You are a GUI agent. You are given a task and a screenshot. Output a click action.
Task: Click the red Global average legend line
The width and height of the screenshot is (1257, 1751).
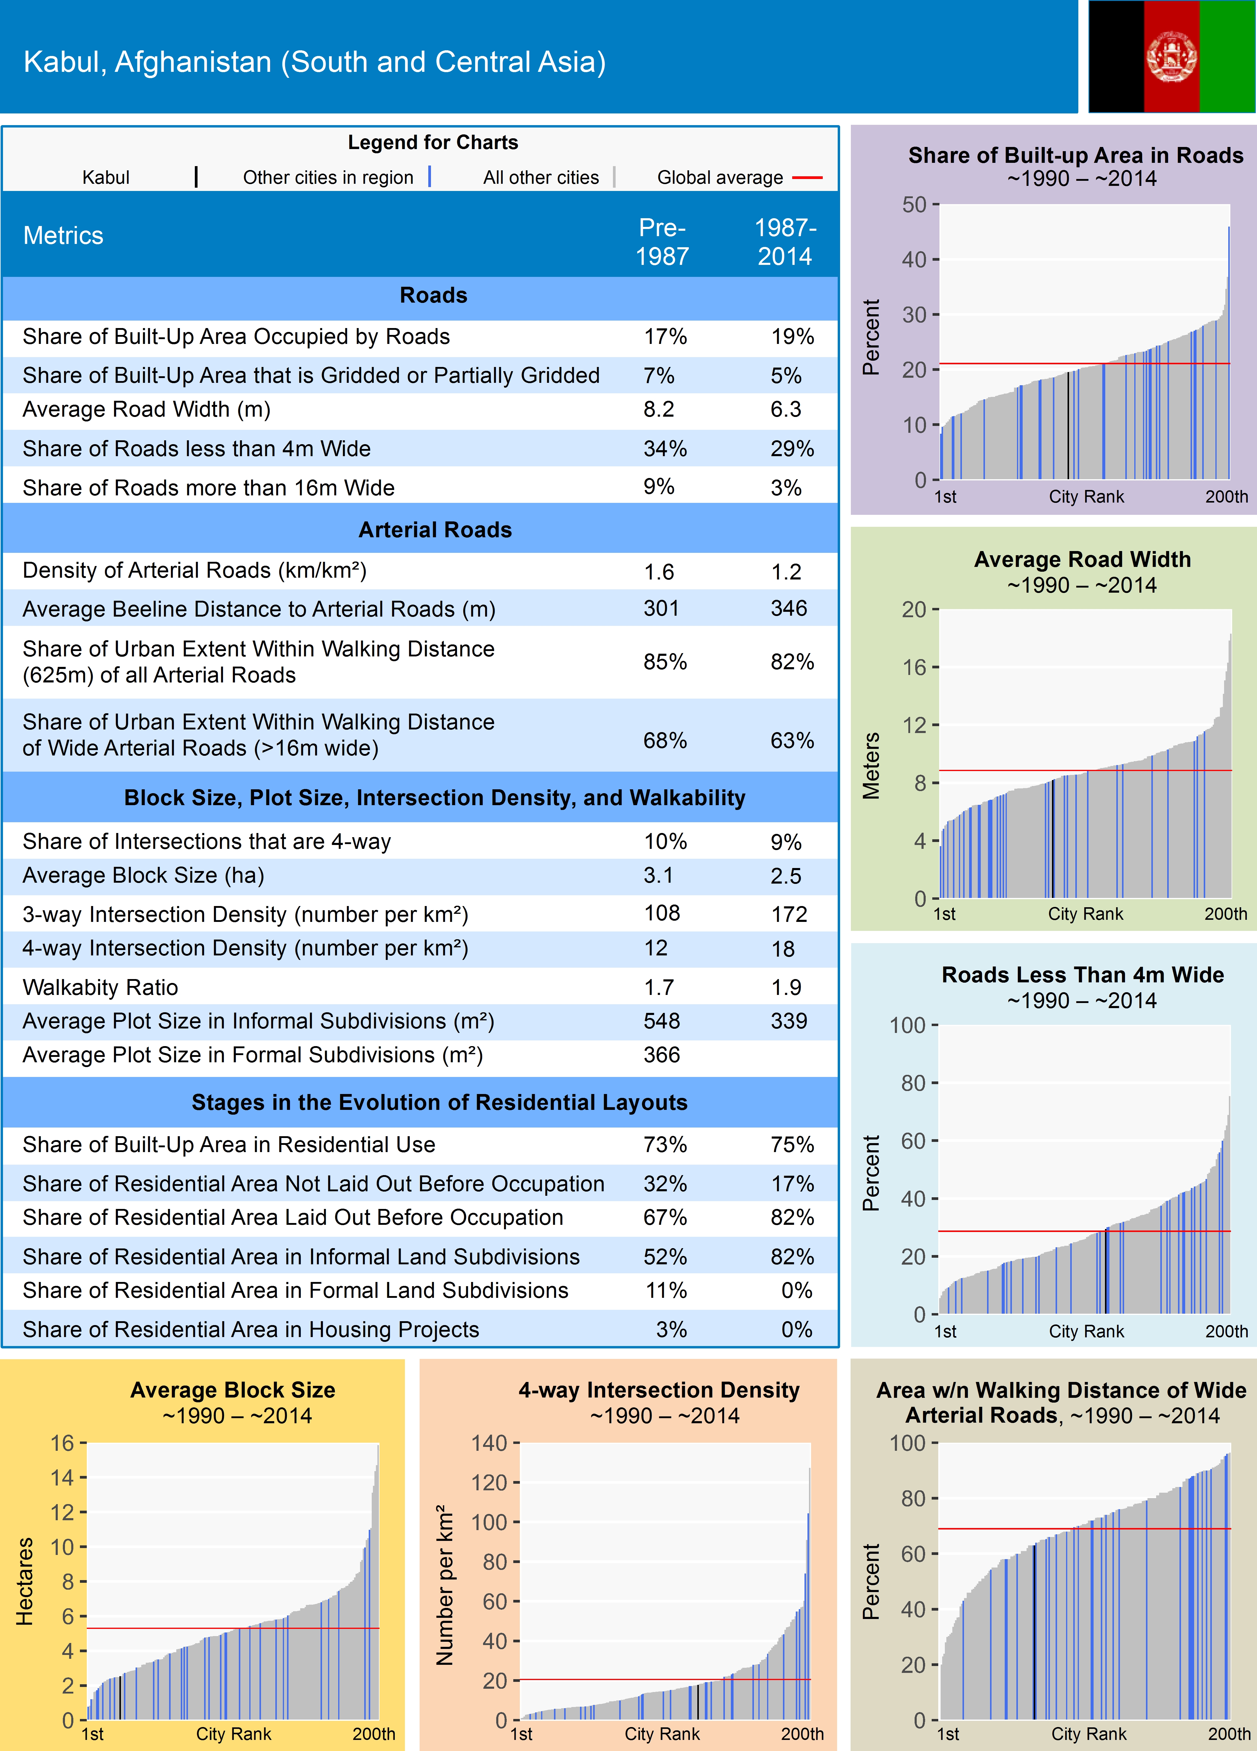click(x=807, y=177)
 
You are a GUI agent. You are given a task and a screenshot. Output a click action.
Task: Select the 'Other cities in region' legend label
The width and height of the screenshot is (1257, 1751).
click(x=328, y=177)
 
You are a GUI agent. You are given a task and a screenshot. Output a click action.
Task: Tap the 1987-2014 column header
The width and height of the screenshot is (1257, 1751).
click(x=785, y=242)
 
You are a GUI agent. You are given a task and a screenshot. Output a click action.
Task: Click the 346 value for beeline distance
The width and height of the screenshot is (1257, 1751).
click(x=788, y=609)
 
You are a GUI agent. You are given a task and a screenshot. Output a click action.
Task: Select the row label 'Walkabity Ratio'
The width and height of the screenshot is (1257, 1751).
click(x=100, y=987)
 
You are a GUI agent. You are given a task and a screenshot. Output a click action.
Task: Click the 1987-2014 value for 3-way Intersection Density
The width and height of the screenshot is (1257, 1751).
click(x=788, y=914)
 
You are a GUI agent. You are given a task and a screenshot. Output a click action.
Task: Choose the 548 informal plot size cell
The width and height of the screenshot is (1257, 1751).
click(x=662, y=1021)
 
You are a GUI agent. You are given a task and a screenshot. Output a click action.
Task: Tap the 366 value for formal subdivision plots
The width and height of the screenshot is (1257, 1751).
click(x=662, y=1054)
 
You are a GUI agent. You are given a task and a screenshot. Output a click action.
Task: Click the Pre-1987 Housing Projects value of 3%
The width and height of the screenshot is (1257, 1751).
click(x=671, y=1330)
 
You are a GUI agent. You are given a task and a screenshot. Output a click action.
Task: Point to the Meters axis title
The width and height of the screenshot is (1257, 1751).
click(x=871, y=765)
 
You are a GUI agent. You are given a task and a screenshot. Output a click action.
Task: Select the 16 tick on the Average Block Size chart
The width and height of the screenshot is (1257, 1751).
click(x=63, y=1443)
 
